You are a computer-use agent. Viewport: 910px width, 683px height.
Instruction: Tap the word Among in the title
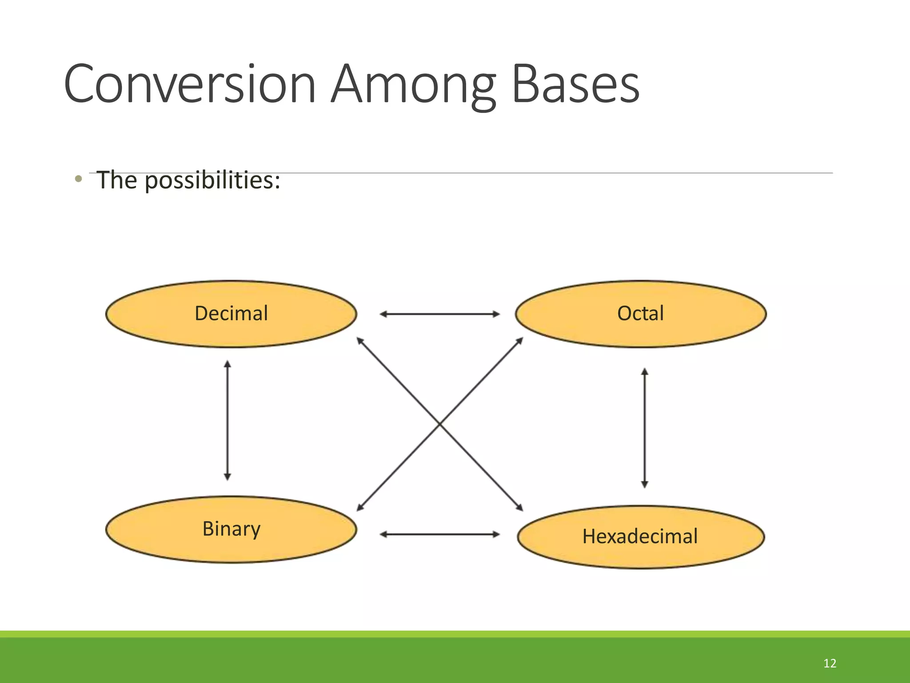[x=413, y=84]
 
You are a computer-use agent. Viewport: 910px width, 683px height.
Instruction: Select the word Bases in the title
[x=575, y=84]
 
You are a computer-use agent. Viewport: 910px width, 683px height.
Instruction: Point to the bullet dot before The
[x=79, y=179]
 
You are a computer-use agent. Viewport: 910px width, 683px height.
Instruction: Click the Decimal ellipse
[x=231, y=313]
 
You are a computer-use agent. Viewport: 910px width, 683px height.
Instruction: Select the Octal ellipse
[x=640, y=313]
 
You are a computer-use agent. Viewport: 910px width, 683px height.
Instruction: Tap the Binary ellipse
[x=231, y=529]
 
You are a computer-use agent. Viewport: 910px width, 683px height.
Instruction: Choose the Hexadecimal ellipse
[x=640, y=537]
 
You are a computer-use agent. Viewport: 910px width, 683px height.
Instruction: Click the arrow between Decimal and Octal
[x=439, y=314]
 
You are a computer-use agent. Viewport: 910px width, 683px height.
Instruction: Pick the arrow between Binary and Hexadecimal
[x=439, y=534]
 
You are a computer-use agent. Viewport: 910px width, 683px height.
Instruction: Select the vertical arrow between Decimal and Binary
[x=227, y=420]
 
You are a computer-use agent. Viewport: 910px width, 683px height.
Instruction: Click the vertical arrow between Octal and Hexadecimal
[x=645, y=428]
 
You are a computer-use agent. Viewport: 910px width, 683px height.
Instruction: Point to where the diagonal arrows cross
[x=440, y=424]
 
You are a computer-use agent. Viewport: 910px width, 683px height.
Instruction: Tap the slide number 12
[x=830, y=663]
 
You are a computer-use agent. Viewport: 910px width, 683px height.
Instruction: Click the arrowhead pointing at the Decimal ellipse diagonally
[x=360, y=341]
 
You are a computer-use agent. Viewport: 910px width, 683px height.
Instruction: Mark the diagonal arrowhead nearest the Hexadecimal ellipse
[x=520, y=507]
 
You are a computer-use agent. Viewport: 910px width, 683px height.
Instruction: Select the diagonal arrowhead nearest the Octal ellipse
[x=520, y=341]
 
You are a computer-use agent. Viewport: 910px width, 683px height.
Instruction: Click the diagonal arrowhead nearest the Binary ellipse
[x=360, y=507]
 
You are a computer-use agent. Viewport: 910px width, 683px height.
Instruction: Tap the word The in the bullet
[x=117, y=180]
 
